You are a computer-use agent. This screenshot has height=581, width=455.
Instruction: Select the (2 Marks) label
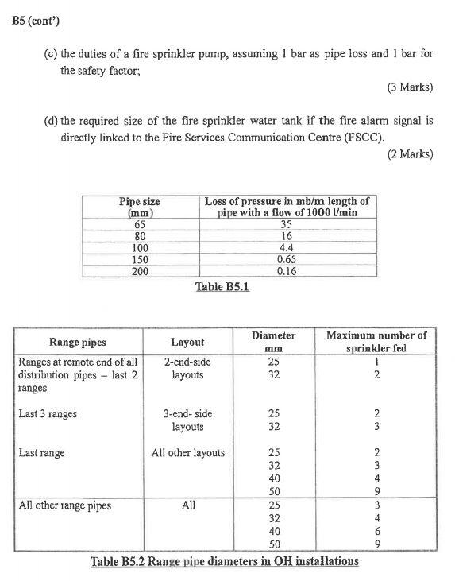410,153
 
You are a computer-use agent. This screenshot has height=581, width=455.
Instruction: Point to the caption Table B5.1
222,286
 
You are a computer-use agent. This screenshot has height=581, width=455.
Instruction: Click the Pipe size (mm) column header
140,207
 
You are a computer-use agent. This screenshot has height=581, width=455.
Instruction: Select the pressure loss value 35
287,225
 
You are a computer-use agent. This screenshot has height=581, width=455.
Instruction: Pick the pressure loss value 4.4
287,247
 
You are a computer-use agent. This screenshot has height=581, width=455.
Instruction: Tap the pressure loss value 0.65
287,259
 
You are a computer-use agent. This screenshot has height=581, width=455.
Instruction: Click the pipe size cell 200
140,271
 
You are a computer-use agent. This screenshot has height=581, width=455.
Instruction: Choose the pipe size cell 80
140,236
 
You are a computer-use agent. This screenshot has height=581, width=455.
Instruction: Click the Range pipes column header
77,343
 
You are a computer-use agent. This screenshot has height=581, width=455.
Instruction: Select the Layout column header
187,343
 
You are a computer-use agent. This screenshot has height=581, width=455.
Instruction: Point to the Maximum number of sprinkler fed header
376,342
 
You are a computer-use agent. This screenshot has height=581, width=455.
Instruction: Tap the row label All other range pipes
65,505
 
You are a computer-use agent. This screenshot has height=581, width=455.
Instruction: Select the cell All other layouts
188,453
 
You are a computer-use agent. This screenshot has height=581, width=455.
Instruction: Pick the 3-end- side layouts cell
188,420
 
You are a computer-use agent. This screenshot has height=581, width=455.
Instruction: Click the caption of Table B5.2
225,562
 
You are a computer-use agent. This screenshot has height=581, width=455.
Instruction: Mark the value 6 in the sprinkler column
376,530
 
